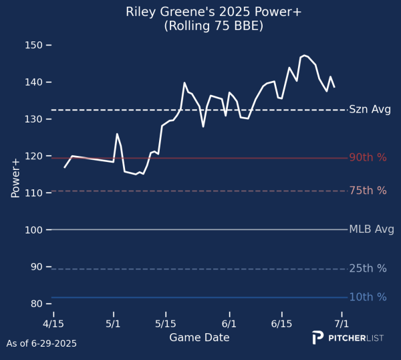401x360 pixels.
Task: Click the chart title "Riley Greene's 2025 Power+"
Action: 214,12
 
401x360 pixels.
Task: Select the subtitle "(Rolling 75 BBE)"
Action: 214,26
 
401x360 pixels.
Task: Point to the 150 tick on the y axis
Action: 33,46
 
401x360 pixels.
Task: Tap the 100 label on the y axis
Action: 33,230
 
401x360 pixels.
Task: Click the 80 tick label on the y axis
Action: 37,304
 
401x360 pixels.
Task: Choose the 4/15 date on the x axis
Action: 53,324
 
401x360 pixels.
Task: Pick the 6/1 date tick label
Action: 229,324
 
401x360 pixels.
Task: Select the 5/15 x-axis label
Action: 166,324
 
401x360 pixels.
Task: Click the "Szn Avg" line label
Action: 370,110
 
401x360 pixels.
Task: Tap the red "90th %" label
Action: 368,157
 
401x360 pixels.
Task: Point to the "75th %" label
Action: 368,191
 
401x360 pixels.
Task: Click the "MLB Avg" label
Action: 372,229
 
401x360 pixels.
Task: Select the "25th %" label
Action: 368,268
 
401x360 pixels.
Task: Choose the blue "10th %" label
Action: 368,297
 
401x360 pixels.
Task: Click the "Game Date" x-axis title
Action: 199,337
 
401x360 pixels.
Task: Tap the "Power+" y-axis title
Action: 15,179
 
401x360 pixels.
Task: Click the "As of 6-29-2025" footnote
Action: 41,344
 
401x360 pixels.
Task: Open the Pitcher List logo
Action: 348,338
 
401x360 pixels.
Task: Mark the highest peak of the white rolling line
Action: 304,56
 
